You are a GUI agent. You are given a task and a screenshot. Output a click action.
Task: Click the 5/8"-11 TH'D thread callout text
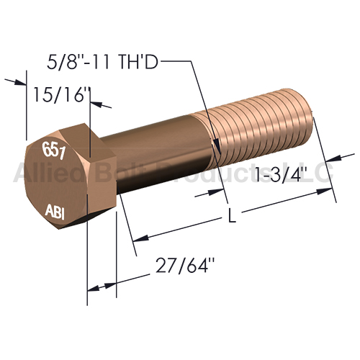[x=103, y=62]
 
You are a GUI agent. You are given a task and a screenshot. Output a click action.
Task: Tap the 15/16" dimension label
[x=62, y=94]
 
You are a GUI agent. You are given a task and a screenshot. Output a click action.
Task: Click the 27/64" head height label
[x=185, y=265]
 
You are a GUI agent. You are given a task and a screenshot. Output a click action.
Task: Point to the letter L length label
[x=231, y=215]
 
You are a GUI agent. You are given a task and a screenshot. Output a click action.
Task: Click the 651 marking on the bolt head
[x=54, y=150]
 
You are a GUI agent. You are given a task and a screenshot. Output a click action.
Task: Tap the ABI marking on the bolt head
[x=55, y=212]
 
